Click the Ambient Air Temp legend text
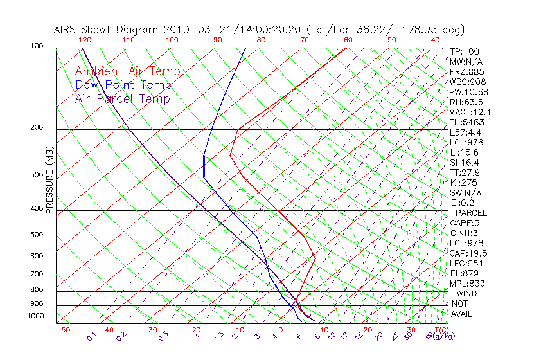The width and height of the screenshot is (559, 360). (127, 71)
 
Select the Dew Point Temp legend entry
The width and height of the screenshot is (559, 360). (123, 85)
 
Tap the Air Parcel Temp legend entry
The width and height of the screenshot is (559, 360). (122, 98)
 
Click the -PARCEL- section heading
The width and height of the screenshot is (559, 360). (471, 213)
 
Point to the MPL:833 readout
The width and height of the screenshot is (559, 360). (467, 283)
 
